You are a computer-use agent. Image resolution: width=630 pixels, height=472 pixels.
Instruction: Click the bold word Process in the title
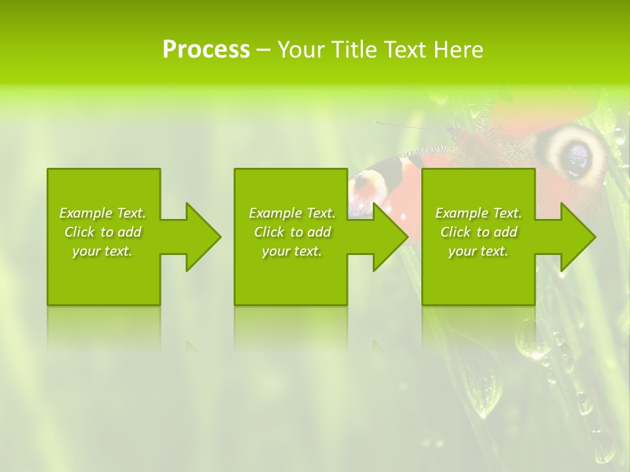click(206, 50)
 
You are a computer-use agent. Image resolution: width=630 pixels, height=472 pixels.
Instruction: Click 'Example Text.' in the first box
click(102, 213)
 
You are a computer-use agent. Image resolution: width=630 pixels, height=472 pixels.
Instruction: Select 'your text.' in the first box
click(102, 251)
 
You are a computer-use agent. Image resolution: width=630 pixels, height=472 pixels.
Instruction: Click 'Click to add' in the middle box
click(292, 232)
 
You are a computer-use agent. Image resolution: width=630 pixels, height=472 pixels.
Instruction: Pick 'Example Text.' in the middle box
click(292, 213)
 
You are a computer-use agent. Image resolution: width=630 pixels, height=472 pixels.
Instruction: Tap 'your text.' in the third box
click(478, 251)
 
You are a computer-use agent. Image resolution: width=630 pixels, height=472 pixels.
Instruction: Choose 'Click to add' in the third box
click(478, 232)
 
